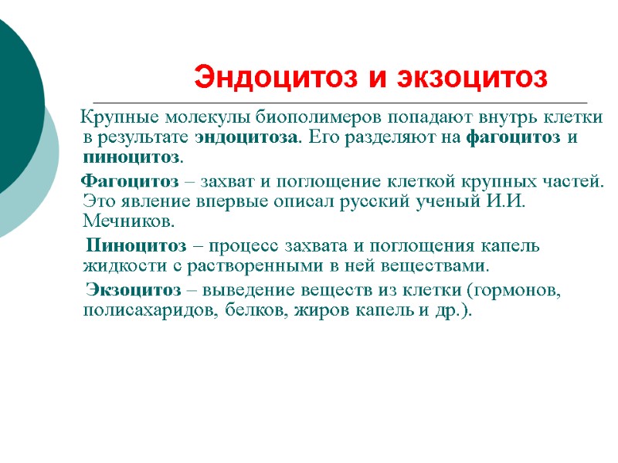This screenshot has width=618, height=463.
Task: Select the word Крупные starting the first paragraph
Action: point(116,119)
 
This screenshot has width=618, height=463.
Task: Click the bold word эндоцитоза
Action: point(246,138)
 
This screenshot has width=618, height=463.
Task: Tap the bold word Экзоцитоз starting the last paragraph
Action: point(134,291)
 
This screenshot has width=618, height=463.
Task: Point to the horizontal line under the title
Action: point(340,103)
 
